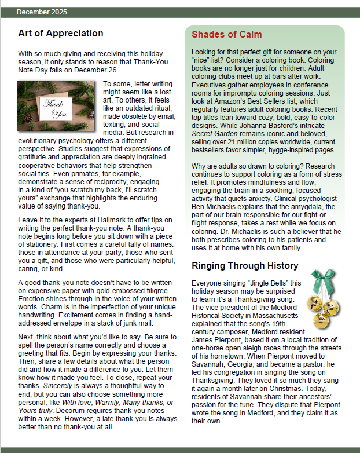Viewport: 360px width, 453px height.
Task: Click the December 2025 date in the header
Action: click(x=42, y=12)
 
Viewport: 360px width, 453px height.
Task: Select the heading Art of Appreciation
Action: click(x=61, y=33)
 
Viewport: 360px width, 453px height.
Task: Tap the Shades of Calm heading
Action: click(x=227, y=35)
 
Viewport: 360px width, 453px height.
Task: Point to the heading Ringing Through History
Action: click(x=245, y=266)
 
